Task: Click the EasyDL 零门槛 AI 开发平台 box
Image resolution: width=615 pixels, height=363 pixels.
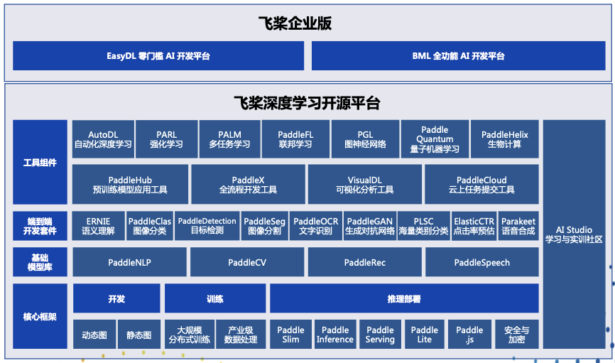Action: point(158,56)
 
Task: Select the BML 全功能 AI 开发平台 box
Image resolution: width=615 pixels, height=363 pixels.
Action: point(458,56)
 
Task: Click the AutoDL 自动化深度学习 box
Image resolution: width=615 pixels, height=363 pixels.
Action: point(103,139)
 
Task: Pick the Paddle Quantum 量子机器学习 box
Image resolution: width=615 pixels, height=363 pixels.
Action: point(434,139)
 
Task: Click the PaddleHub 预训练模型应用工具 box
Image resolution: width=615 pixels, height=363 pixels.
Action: point(130,185)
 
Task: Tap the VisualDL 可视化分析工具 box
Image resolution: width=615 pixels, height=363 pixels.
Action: point(364,185)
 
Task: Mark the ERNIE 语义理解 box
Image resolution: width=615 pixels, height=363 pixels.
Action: point(99,226)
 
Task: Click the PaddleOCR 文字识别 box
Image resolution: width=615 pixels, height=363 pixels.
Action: point(316,226)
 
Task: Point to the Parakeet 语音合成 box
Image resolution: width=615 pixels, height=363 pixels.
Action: point(517,226)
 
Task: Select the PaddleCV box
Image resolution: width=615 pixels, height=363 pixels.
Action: point(247,262)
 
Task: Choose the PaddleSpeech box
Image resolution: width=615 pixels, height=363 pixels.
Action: point(481,262)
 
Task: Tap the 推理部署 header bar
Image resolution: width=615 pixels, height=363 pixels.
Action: point(403,298)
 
